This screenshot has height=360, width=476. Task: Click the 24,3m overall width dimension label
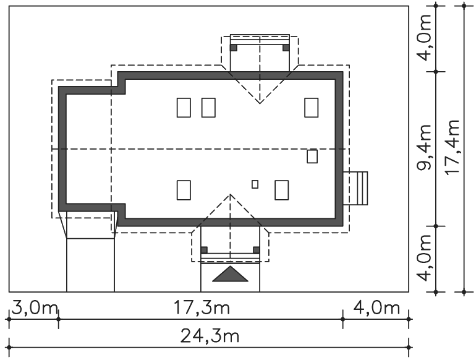[x=210, y=336]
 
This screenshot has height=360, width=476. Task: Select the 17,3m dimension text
[x=202, y=307]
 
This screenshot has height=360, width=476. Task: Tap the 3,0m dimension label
[x=35, y=308]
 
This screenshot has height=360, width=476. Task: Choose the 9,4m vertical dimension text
[x=424, y=147]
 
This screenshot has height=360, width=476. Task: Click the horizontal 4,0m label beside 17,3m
[x=376, y=308]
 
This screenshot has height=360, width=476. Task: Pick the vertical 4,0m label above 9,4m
[x=424, y=37]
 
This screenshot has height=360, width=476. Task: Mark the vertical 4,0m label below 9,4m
[x=424, y=258]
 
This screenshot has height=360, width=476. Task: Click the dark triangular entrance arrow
[x=230, y=274]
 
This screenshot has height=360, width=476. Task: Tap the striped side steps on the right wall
[x=355, y=189]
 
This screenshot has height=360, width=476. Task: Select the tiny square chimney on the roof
[x=255, y=184]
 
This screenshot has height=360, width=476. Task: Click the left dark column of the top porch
[x=234, y=48]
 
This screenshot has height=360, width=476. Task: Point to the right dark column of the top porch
[x=286, y=48]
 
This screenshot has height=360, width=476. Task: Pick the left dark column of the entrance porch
[x=204, y=250]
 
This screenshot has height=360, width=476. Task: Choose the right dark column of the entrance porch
[x=257, y=250]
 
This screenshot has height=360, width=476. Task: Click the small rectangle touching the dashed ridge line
[x=312, y=156]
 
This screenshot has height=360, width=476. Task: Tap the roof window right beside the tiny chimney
[x=282, y=190]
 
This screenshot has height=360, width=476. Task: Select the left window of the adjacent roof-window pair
[x=184, y=108]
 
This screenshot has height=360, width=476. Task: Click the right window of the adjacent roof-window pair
[x=208, y=108]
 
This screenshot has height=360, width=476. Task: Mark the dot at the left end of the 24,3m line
[x=9, y=347]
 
